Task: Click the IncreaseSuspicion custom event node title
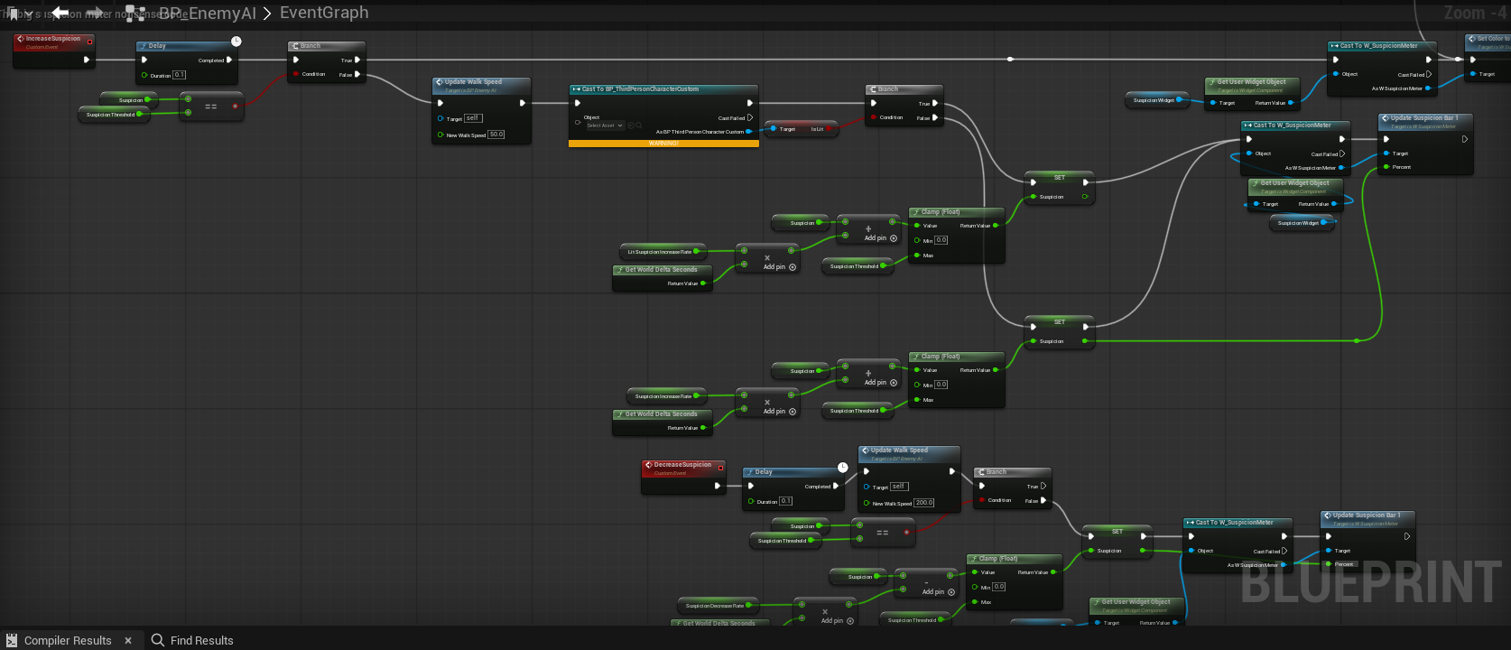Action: [x=53, y=39]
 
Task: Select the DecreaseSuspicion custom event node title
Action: [x=682, y=465]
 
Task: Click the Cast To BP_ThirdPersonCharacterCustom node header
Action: [x=640, y=89]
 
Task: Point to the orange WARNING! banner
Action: [x=663, y=144]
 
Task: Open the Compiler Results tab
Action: [x=68, y=640]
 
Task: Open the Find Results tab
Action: [x=201, y=640]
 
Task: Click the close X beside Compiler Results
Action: [x=128, y=640]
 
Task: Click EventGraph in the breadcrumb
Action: [x=324, y=13]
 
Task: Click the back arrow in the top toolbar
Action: [x=60, y=13]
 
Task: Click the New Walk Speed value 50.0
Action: [x=496, y=135]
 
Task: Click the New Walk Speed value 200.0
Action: [x=923, y=503]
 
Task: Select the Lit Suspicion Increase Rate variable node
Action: [x=660, y=252]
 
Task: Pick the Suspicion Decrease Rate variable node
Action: [x=715, y=606]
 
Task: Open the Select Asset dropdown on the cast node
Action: [x=605, y=125]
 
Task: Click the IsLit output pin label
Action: [x=816, y=129]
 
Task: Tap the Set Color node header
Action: [x=1489, y=39]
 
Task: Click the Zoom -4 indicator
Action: [x=1474, y=13]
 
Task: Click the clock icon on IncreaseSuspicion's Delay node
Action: [x=236, y=42]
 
